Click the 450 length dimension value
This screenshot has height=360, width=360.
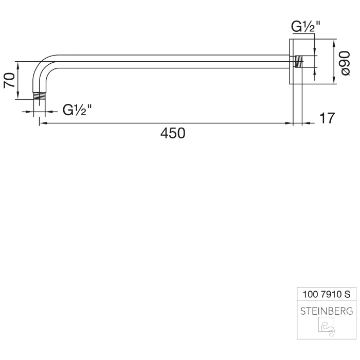coord(172,134)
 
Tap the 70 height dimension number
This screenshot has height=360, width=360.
coord(10,80)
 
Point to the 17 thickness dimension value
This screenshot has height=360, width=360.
coord(327,118)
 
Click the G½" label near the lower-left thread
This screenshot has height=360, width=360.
coord(77,110)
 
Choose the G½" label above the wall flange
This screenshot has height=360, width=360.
coord(305,27)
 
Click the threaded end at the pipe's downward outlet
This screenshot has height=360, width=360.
coord(39,96)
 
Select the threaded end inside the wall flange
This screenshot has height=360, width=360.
coord(300,62)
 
